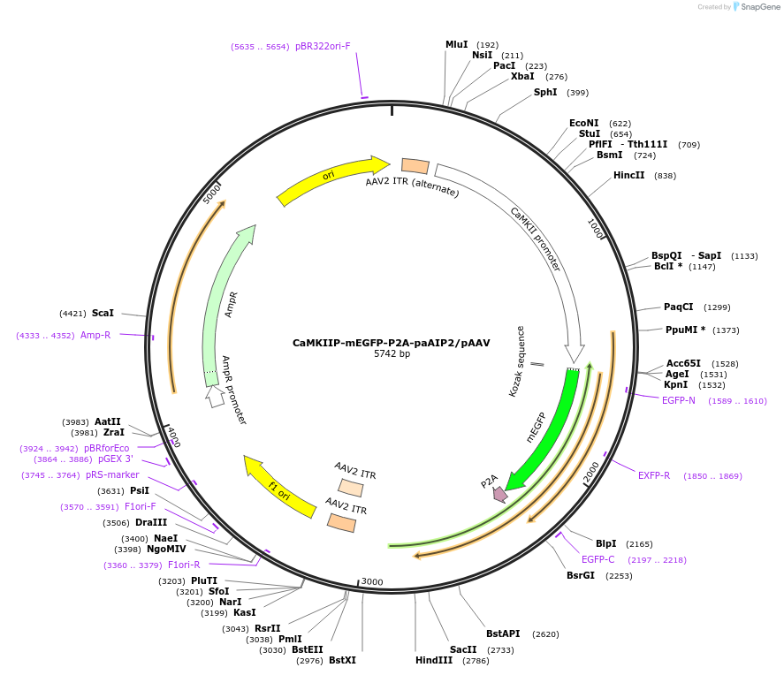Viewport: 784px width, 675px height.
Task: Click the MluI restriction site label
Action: pos(456,44)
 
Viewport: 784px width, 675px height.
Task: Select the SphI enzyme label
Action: pos(545,92)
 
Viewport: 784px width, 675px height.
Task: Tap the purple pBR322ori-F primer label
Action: pos(323,46)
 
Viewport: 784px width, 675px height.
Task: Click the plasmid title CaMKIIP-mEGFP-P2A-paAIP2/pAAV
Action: pos(392,343)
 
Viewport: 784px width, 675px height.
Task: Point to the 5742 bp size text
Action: pos(392,354)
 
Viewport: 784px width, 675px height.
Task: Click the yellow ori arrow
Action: pos(331,180)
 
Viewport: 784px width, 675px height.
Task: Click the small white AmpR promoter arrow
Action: pos(215,398)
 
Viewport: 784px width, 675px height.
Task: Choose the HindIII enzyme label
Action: pos(434,660)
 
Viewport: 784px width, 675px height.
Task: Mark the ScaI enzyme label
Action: pos(103,313)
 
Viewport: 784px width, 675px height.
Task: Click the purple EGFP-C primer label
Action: pos(598,559)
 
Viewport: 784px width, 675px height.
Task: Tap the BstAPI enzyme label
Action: pos(503,633)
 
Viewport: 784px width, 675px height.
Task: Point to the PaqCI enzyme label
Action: pos(679,307)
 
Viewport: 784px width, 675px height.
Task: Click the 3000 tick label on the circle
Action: pos(372,581)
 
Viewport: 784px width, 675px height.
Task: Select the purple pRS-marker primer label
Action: pos(112,474)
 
